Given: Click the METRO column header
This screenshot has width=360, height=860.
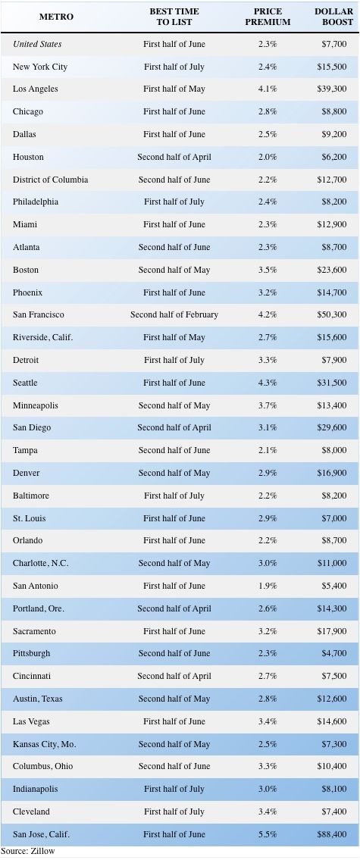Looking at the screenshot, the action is click(x=57, y=17).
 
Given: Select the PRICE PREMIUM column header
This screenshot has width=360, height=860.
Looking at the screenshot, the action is click(x=268, y=17).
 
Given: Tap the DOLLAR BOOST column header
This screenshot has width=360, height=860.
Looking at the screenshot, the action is click(x=333, y=17).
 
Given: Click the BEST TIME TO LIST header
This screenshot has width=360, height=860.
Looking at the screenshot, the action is click(x=174, y=17).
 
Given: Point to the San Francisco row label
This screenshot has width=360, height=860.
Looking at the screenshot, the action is click(x=39, y=314).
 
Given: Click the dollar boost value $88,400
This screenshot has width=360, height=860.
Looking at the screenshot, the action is click(x=331, y=834).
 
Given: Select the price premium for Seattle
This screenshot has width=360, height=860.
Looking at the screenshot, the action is click(x=268, y=383).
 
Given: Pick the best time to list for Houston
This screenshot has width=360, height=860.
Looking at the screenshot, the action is click(x=174, y=157).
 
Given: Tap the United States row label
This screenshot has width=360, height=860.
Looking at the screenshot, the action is click(x=37, y=44).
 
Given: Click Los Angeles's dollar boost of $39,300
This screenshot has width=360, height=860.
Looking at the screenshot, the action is click(x=331, y=89).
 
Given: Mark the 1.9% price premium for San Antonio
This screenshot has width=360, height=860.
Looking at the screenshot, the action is click(x=268, y=586).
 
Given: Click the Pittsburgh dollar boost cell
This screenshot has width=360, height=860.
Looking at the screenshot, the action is click(x=333, y=653).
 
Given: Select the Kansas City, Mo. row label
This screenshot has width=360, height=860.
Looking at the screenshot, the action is click(x=45, y=744).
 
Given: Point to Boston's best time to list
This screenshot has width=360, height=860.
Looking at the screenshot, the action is click(x=174, y=270).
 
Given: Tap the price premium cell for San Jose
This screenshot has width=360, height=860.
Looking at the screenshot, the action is click(x=268, y=834).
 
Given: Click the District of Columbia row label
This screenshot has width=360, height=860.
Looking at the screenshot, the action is click(x=51, y=180).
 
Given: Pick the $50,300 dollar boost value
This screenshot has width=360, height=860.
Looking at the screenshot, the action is click(x=331, y=314).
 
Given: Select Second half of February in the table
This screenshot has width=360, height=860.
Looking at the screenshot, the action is click(x=174, y=314).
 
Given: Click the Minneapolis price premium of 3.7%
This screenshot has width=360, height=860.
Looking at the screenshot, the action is click(x=268, y=405).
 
